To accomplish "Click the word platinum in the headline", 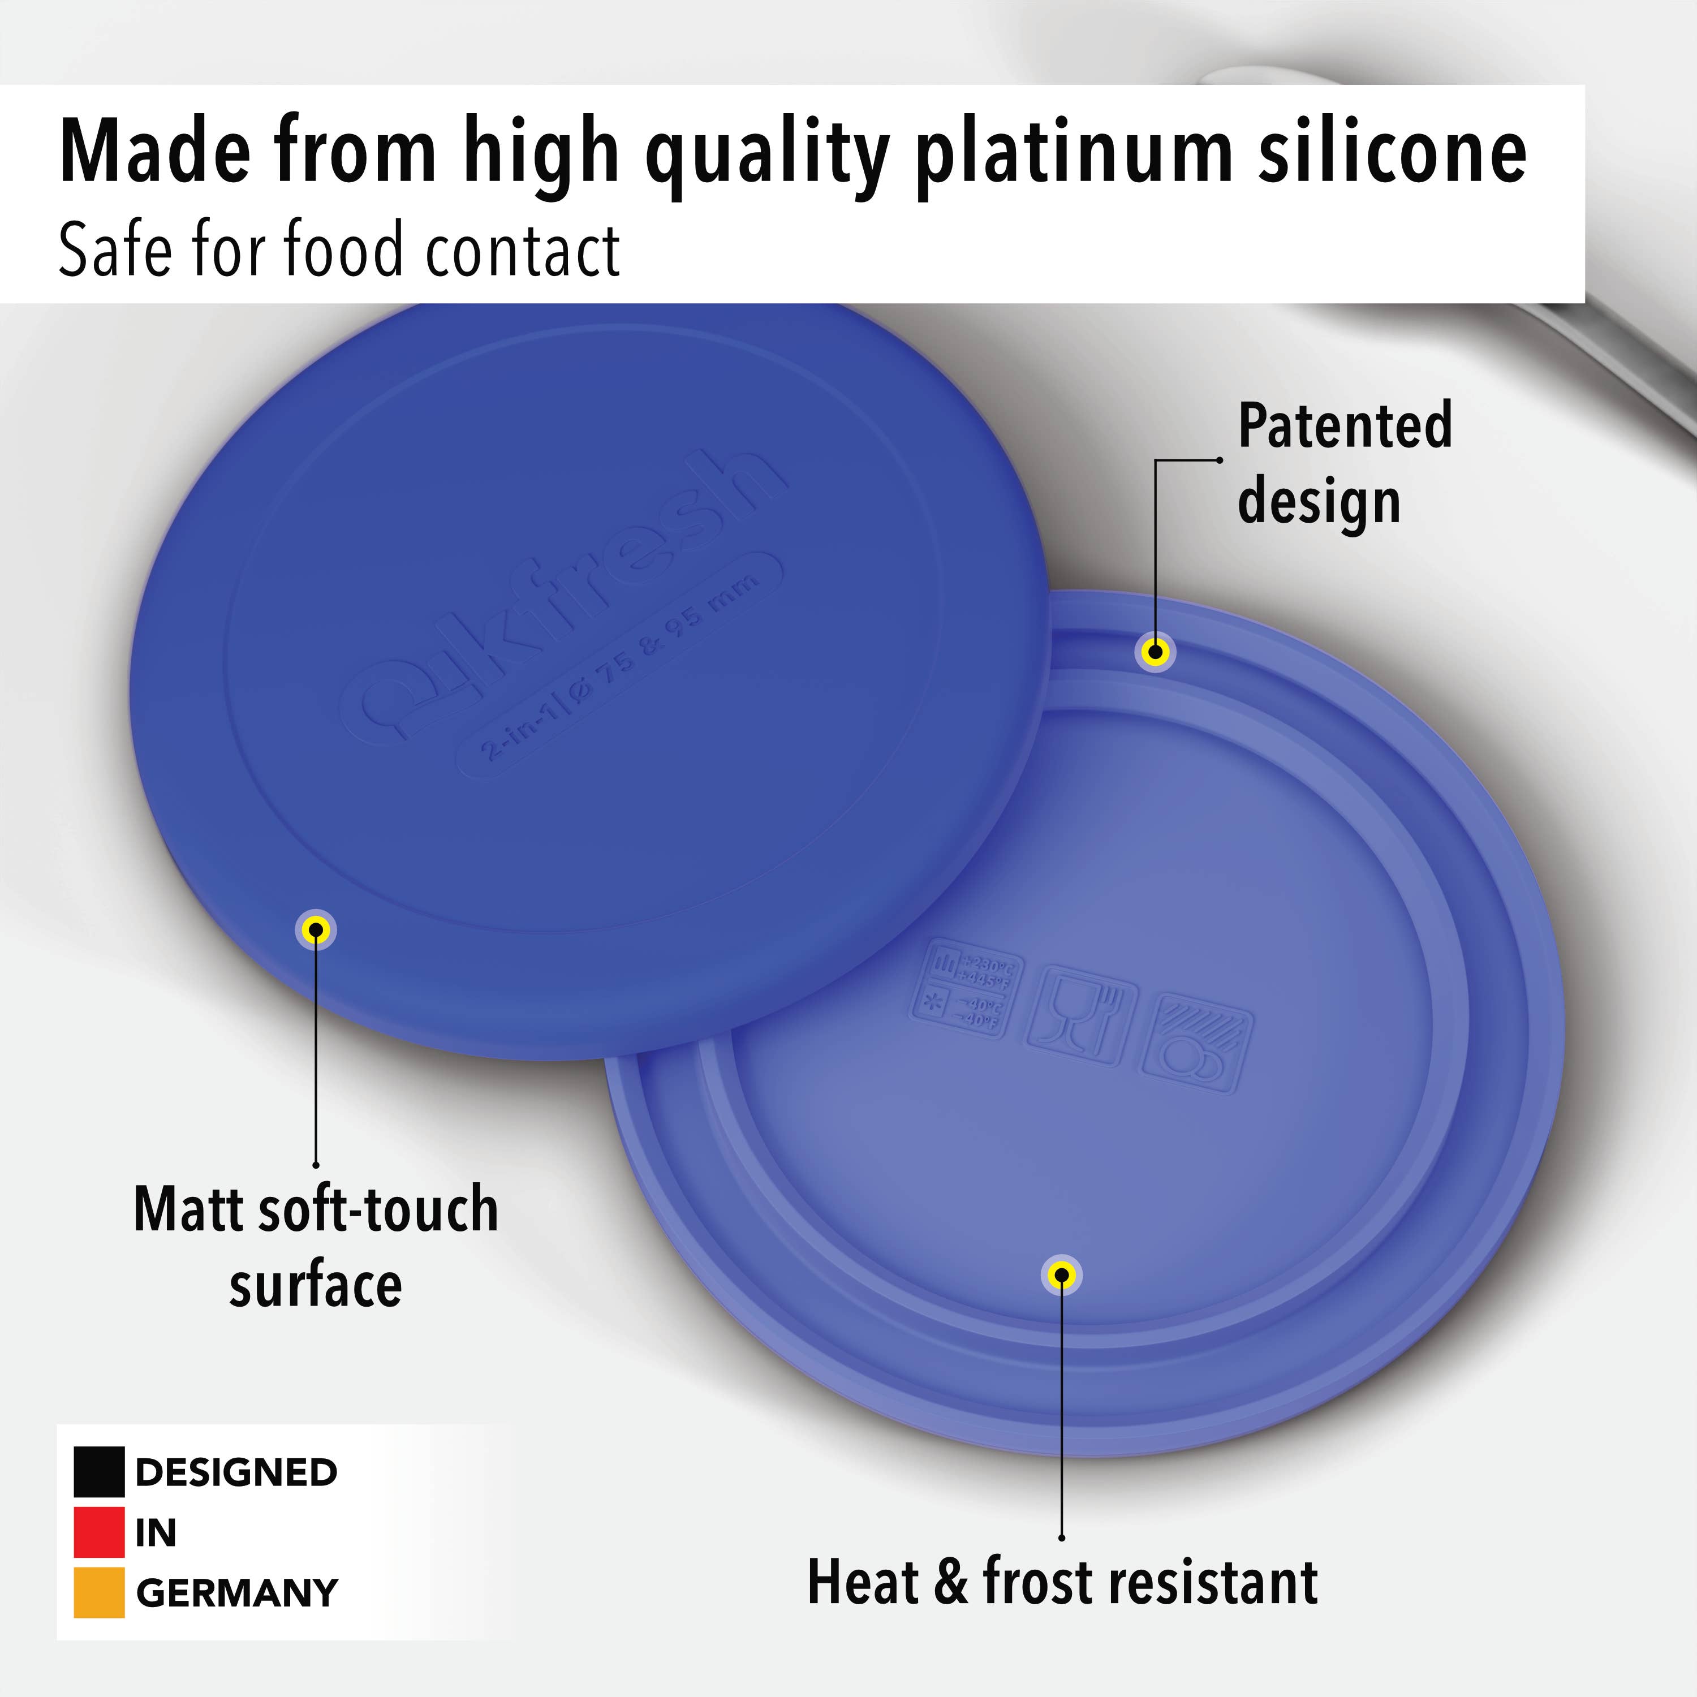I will click(x=1077, y=154).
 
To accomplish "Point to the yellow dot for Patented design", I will click(x=1156, y=652).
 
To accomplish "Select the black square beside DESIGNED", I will click(x=98, y=1471).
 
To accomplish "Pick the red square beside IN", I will click(x=98, y=1532).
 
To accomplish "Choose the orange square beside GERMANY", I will click(x=98, y=1592).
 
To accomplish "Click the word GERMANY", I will click(x=237, y=1592).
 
